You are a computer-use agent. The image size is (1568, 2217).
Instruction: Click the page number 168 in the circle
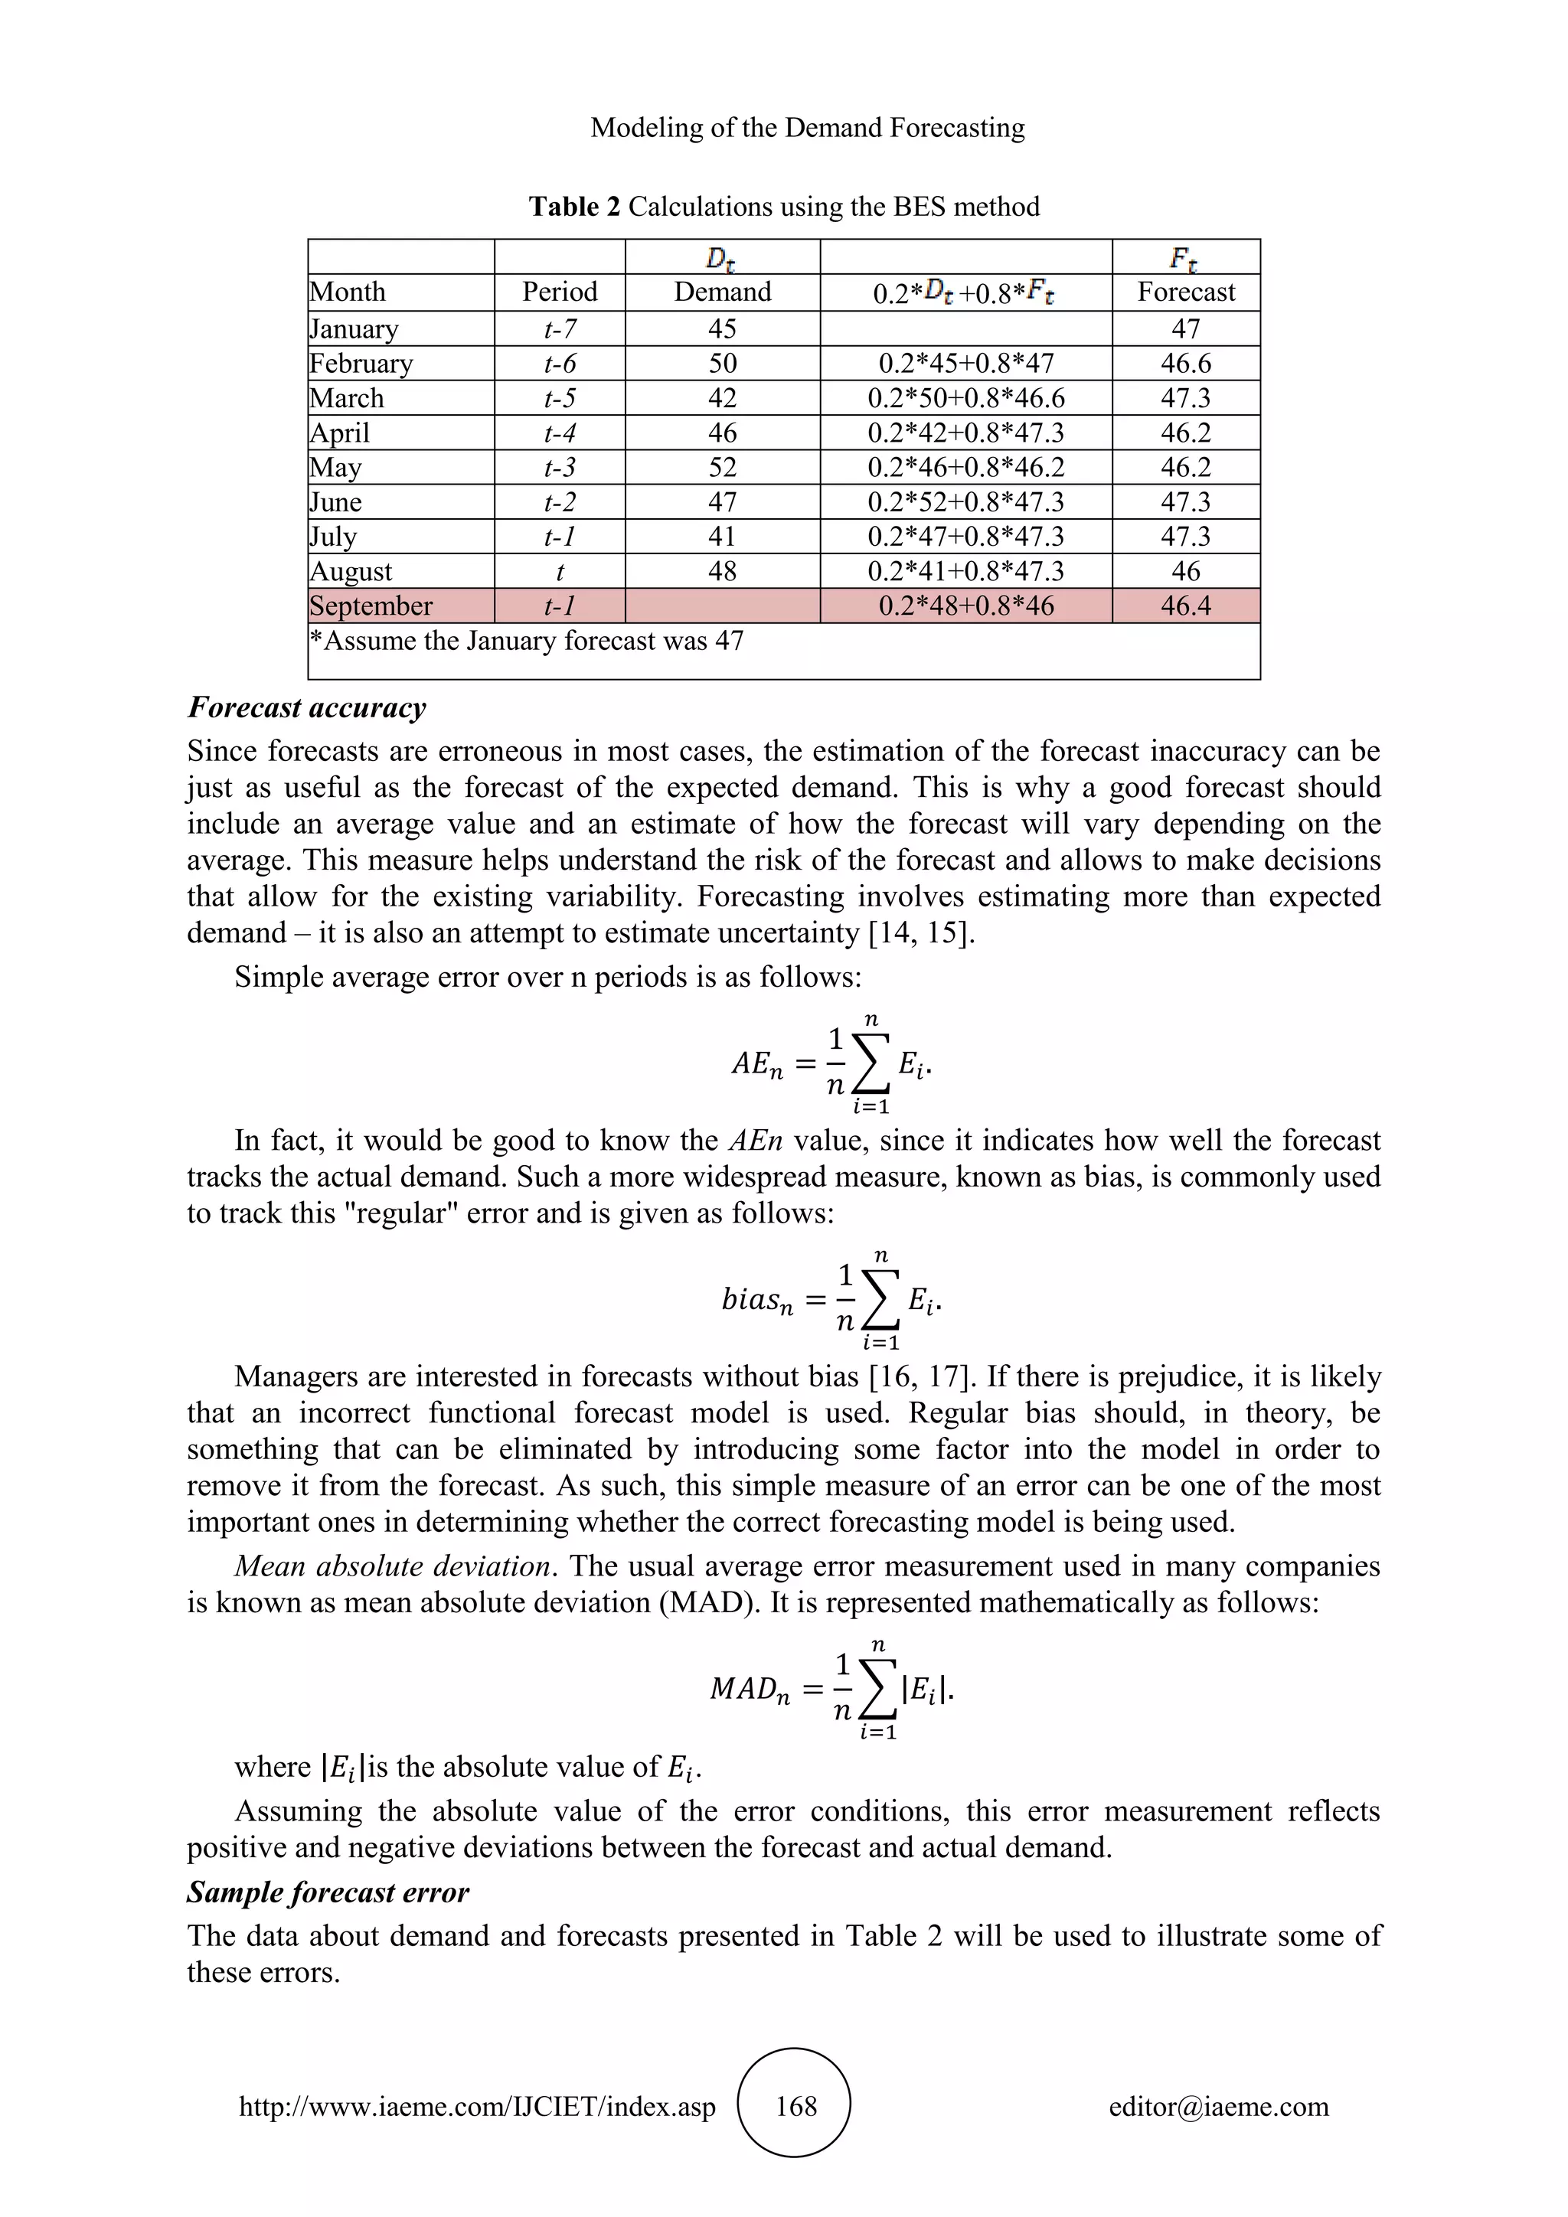pyautogui.click(x=795, y=2106)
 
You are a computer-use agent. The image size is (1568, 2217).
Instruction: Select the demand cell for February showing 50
pyautogui.click(x=722, y=364)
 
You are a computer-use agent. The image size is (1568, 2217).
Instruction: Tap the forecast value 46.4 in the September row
pyautogui.click(x=1186, y=606)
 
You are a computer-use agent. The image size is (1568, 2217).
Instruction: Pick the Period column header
pyautogui.click(x=559, y=292)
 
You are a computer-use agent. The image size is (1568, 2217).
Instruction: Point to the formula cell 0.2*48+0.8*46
pyautogui.click(x=965, y=606)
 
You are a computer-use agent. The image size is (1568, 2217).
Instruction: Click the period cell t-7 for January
pyautogui.click(x=559, y=329)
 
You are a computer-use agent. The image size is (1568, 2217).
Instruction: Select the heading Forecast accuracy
pyautogui.click(x=307, y=708)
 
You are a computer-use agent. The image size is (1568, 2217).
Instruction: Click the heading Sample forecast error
pyautogui.click(x=328, y=1892)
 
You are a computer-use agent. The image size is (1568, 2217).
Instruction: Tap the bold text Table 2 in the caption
pyautogui.click(x=574, y=207)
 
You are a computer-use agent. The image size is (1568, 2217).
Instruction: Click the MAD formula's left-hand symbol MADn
pyautogui.click(x=750, y=1689)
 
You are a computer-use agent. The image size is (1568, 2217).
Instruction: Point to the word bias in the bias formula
pyautogui.click(x=750, y=1300)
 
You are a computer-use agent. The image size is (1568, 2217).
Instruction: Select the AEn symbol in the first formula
pyautogui.click(x=756, y=1064)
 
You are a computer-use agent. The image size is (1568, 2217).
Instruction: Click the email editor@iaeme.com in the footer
pyautogui.click(x=1218, y=2106)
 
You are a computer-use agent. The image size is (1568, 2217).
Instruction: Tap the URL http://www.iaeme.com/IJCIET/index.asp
pyautogui.click(x=477, y=2106)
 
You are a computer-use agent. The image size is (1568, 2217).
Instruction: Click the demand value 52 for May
pyautogui.click(x=722, y=467)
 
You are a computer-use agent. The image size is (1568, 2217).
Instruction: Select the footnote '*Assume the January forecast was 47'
pyautogui.click(x=526, y=642)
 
